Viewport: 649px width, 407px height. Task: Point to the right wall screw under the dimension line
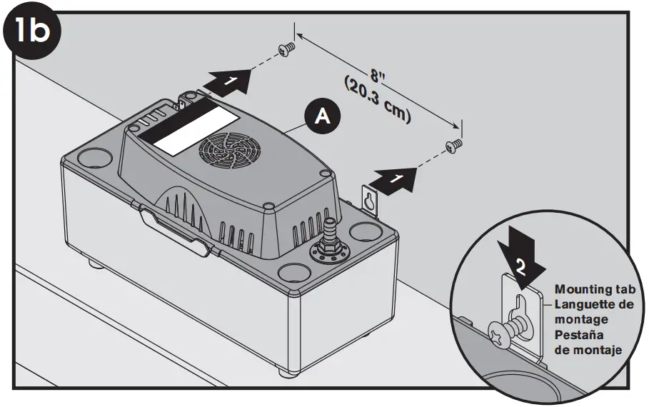point(453,146)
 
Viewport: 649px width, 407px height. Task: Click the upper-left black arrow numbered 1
point(228,80)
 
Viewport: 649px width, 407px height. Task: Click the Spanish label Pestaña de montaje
point(588,343)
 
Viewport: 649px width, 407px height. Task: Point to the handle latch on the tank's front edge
point(172,228)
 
